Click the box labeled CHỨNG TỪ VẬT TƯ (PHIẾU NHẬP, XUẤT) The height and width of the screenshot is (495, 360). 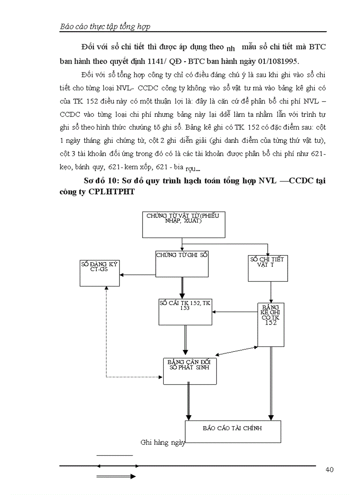(x=184, y=224)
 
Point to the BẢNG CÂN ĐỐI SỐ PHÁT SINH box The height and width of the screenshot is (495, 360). (x=190, y=370)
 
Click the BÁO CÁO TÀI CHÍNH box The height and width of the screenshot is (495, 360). (x=232, y=432)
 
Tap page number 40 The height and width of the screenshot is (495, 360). (x=329, y=469)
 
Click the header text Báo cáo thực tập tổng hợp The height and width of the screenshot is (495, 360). (x=105, y=26)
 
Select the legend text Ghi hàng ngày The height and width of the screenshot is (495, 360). (x=162, y=443)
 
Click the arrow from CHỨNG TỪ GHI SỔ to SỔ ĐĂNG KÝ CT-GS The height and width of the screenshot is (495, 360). (x=138, y=275)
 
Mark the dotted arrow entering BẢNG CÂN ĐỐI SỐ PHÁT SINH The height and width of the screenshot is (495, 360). (x=132, y=377)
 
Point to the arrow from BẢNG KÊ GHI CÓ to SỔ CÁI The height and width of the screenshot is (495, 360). (x=235, y=312)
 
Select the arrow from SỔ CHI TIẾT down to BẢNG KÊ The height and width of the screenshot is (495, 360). (x=271, y=292)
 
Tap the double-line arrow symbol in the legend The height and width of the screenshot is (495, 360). (x=116, y=476)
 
